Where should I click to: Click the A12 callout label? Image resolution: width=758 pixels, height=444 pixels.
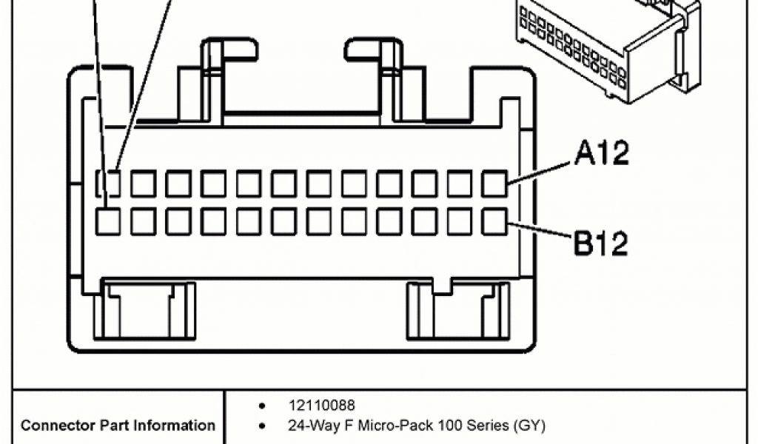click(601, 153)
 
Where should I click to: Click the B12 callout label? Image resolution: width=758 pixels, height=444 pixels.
click(600, 243)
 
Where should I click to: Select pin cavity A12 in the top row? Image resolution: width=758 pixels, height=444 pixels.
click(494, 184)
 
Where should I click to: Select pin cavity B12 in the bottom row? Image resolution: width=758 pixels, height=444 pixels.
click(494, 221)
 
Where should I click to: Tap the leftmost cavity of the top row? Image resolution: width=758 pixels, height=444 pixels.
click(110, 184)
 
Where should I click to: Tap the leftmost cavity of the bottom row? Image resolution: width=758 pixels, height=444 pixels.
click(108, 221)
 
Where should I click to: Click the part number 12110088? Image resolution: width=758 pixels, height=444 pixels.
click(321, 405)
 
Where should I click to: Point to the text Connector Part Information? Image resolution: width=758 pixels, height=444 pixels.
click(118, 425)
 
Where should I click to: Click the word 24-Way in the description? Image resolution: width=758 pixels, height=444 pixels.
click(311, 425)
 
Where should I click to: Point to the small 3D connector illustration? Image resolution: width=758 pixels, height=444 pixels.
click(607, 48)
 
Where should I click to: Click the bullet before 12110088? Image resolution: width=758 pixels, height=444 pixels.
click(263, 406)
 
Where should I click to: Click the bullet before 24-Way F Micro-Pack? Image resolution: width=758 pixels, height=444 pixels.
click(263, 426)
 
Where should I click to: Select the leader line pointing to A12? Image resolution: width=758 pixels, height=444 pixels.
click(540, 169)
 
